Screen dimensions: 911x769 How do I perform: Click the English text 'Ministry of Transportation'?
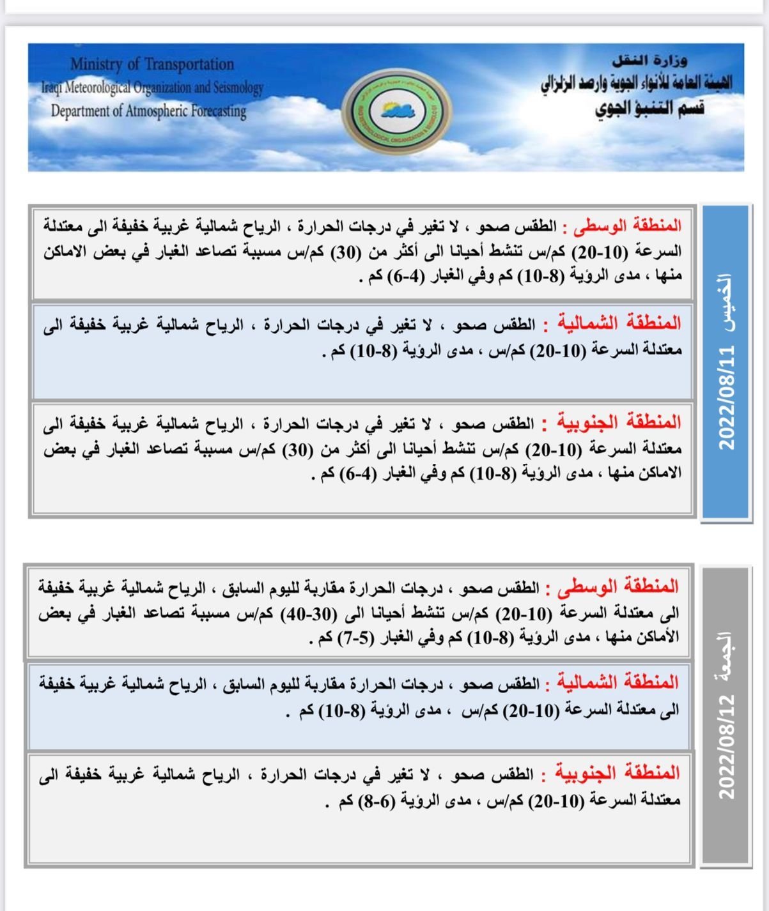click(x=152, y=64)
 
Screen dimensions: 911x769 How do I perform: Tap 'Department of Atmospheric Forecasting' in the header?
click(x=148, y=111)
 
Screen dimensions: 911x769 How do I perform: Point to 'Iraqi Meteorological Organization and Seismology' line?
click(x=152, y=87)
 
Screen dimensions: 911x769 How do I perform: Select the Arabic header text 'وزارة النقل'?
click(x=649, y=61)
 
